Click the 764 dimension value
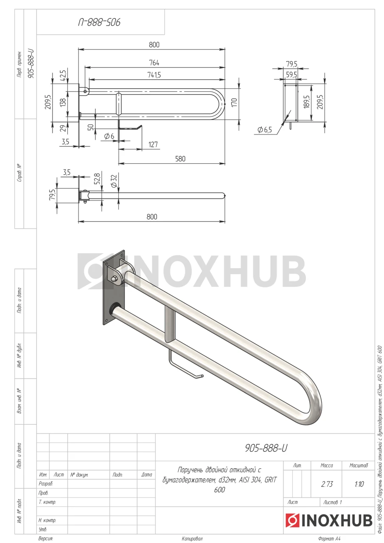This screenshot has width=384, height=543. (154, 63)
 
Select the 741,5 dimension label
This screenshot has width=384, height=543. (154, 75)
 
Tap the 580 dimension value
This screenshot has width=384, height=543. (180, 159)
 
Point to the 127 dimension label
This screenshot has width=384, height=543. (153, 145)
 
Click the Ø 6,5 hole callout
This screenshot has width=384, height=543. (264, 130)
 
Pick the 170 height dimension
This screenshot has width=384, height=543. (234, 103)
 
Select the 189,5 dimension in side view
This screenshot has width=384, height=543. (307, 101)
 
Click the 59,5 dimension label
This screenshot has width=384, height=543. (292, 74)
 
